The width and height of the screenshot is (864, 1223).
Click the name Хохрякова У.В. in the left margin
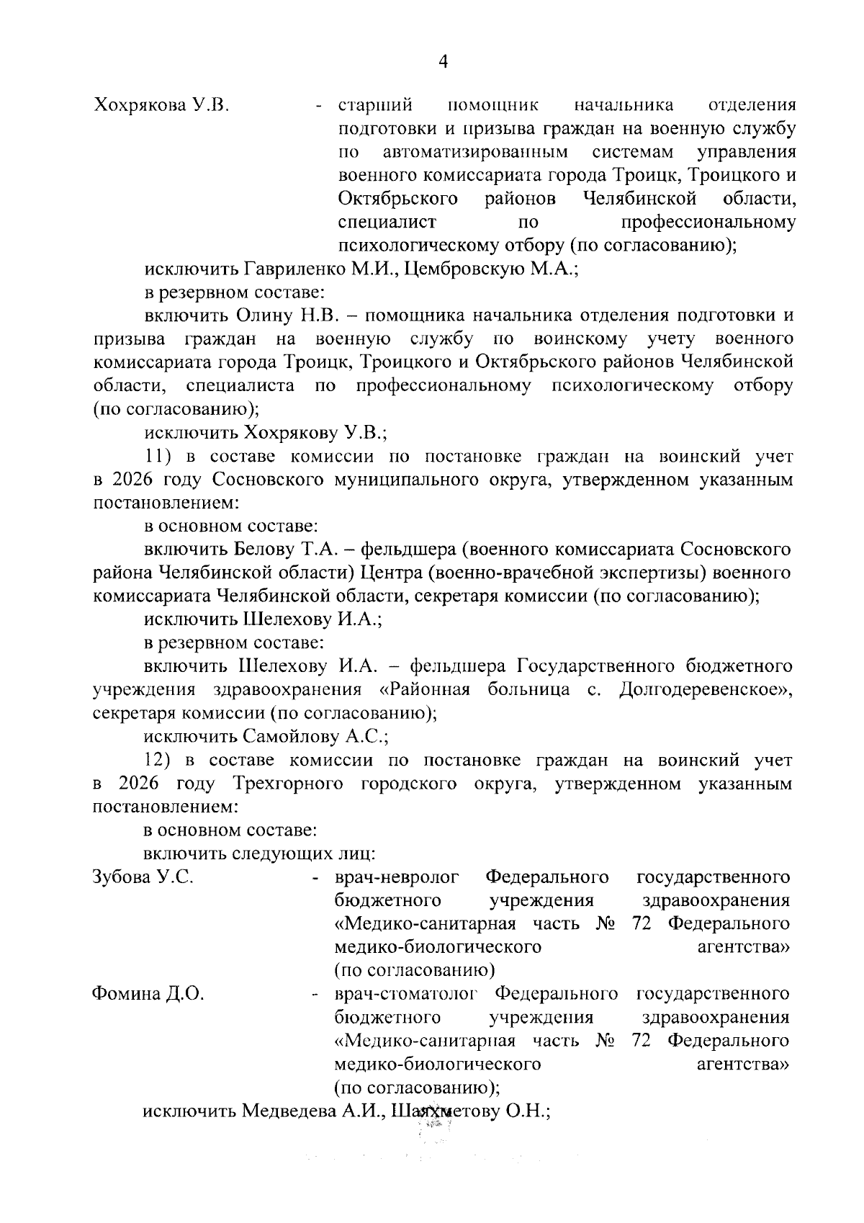point(161,106)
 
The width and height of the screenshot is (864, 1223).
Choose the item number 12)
point(158,760)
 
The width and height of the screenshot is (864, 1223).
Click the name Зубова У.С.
point(143,877)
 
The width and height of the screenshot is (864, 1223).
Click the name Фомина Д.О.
point(148,994)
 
